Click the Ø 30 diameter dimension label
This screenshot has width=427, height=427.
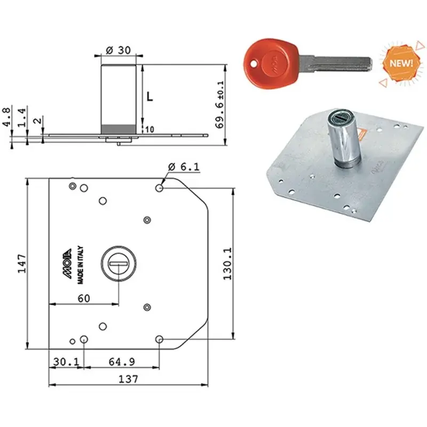click(x=118, y=50)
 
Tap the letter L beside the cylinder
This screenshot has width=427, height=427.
click(x=150, y=97)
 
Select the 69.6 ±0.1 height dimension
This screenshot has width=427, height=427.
click(x=219, y=104)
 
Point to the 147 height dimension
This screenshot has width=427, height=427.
click(x=22, y=264)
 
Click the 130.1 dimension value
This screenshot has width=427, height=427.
click(x=227, y=264)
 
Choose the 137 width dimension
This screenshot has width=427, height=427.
click(x=128, y=379)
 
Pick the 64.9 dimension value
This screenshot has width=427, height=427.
click(x=122, y=362)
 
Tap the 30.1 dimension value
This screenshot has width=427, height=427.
click(x=66, y=362)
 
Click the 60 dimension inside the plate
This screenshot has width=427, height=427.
click(x=84, y=298)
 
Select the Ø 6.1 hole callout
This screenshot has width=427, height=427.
click(x=184, y=167)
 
